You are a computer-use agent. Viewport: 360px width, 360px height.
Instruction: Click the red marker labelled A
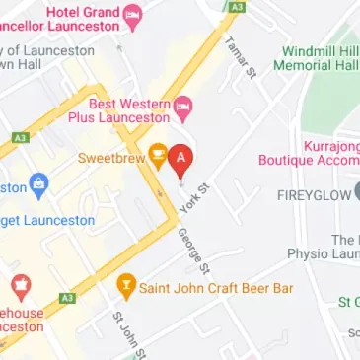coord(180,158)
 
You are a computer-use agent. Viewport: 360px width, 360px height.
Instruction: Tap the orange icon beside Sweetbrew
coord(157,154)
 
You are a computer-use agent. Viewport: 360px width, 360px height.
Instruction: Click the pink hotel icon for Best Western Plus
coord(183,105)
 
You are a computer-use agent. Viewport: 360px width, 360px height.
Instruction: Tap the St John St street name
coord(129,335)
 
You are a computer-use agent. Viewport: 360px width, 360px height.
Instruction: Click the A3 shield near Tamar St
coord(236,6)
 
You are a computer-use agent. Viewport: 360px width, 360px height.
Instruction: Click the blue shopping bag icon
coord(38,184)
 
